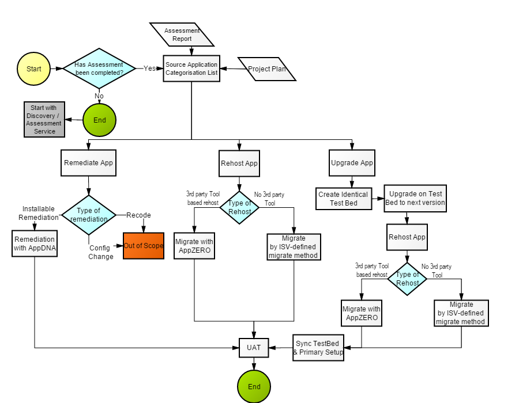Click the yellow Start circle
(33, 69)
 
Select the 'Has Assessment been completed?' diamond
(99, 69)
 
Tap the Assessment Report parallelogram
(182, 35)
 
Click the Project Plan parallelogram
(267, 69)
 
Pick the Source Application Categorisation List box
(191, 69)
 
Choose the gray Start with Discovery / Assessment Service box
(44, 119)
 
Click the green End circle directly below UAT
(254, 386)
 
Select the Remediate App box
(88, 163)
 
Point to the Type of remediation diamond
(89, 215)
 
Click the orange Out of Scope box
(144, 246)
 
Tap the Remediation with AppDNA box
(35, 243)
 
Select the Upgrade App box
(352, 163)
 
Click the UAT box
(254, 348)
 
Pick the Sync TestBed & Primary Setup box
(318, 348)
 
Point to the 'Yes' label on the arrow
(149, 69)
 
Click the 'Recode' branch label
(138, 215)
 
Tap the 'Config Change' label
(101, 252)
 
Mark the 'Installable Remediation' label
(39, 213)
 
